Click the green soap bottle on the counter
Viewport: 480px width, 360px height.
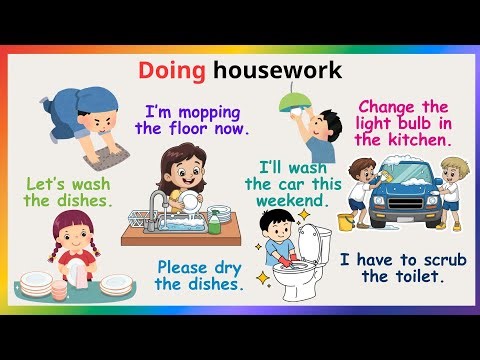[x=214, y=222]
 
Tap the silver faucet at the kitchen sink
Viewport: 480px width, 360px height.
[x=157, y=200]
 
